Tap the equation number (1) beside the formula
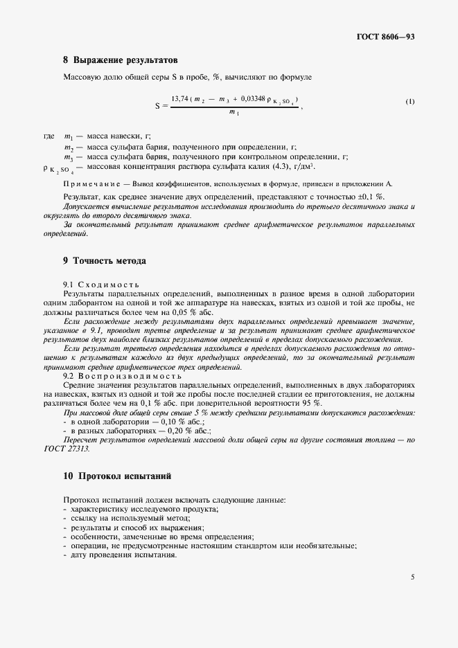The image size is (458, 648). click(x=410, y=102)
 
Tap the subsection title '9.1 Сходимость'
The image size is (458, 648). click(x=101, y=285)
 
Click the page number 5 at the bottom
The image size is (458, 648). click(x=412, y=576)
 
